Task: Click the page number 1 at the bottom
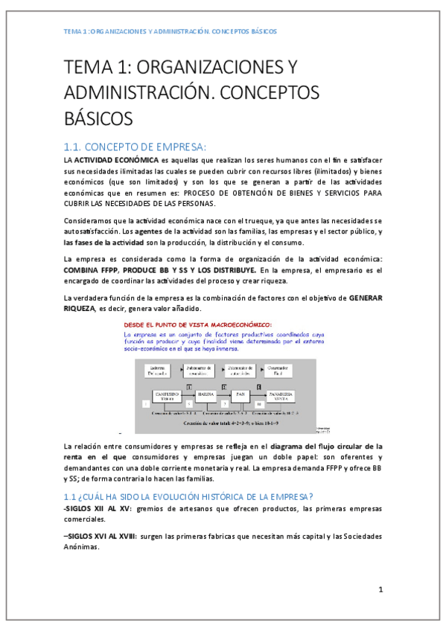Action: click(x=380, y=589)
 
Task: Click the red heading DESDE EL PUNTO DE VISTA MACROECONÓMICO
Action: click(x=198, y=324)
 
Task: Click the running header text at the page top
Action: click(x=170, y=32)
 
